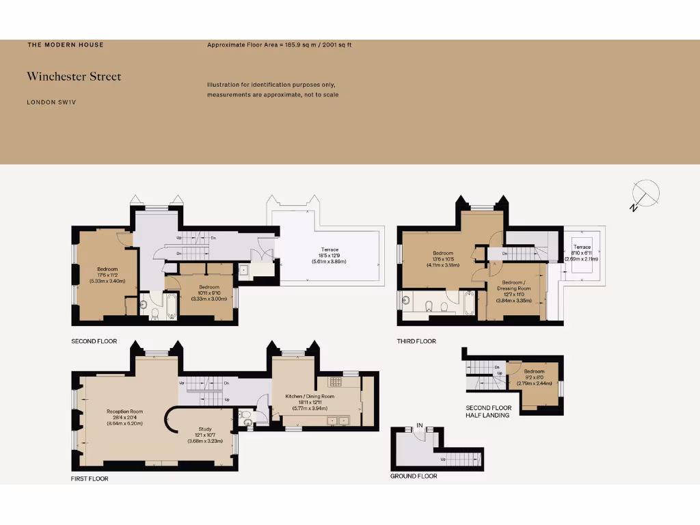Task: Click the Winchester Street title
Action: (74, 77)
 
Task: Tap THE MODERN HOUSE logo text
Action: (66, 45)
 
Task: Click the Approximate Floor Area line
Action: (279, 45)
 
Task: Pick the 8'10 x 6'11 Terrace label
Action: (582, 252)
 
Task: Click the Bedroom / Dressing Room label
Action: (517, 288)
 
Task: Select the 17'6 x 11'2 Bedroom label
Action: (107, 274)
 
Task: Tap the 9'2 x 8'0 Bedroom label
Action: (535, 375)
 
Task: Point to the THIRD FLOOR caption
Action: (416, 341)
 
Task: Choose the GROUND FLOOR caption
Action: (414, 476)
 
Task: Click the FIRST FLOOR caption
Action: (90, 479)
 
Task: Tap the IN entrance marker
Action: (420, 426)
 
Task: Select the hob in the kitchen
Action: (335, 382)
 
